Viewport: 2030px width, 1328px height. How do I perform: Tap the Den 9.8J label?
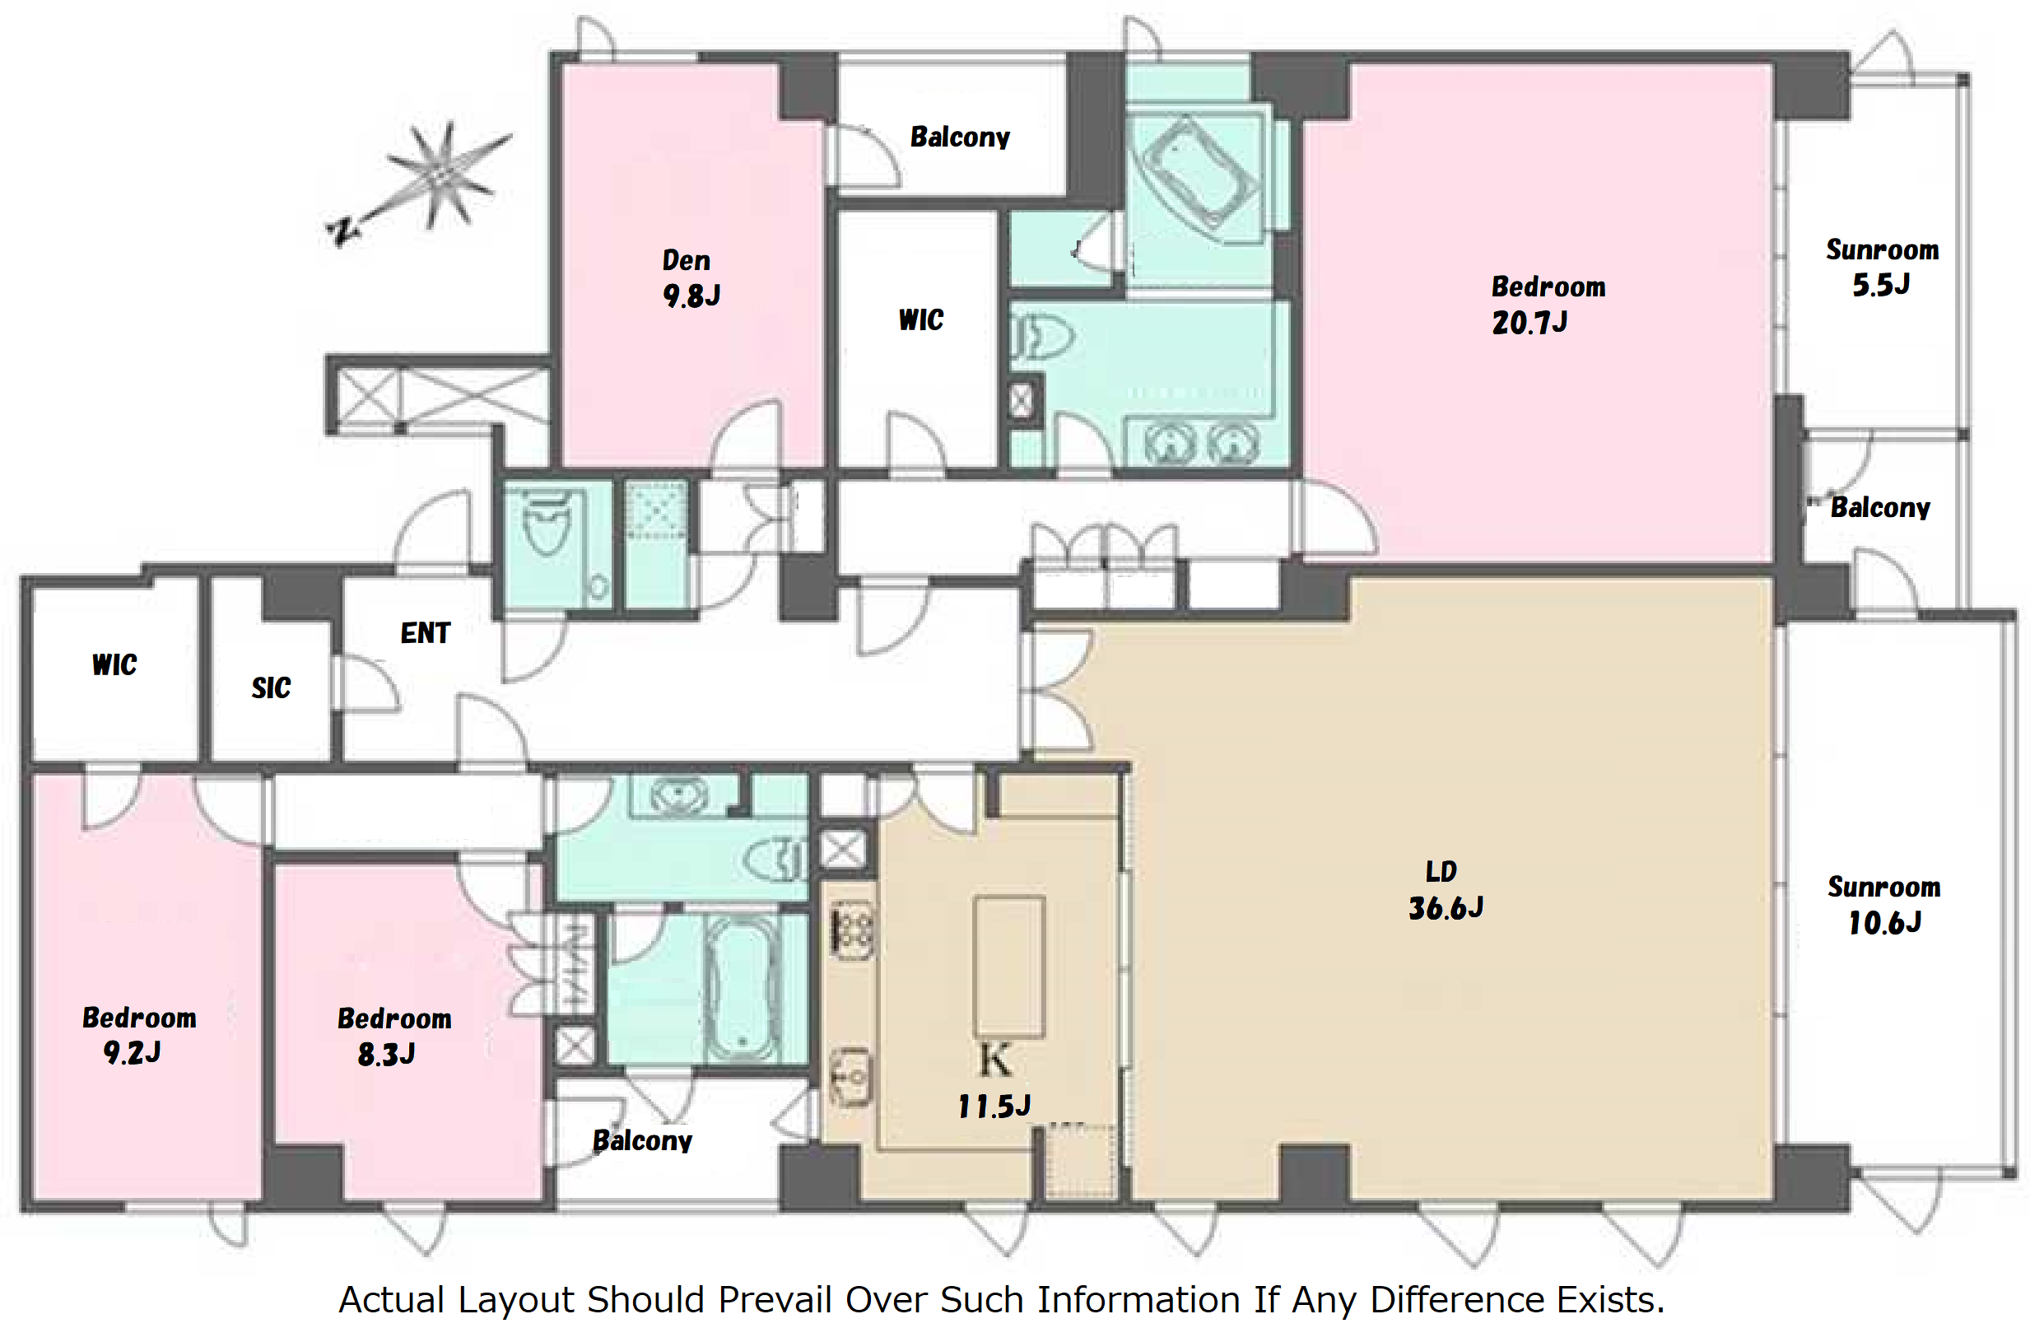tap(691, 278)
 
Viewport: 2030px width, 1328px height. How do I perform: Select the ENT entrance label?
tap(425, 633)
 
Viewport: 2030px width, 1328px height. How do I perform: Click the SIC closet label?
tap(271, 687)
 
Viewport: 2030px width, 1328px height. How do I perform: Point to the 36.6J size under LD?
tap(1445, 908)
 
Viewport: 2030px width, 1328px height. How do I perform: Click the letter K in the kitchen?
tap(994, 1060)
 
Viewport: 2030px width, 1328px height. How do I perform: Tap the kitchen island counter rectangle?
tap(1010, 967)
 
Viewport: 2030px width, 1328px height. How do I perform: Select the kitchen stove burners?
tap(853, 930)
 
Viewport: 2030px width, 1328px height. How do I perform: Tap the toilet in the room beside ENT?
tap(546, 524)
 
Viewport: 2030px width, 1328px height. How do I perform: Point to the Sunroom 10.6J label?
tap(1883, 905)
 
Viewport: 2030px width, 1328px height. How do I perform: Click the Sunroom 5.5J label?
tap(1883, 267)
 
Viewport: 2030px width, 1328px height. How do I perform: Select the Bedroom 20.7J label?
tap(1548, 305)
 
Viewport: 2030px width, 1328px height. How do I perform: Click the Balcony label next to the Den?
tap(960, 137)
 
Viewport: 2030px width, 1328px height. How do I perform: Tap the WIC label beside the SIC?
tap(114, 664)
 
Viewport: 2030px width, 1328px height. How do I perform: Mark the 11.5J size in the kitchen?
tap(994, 1107)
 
